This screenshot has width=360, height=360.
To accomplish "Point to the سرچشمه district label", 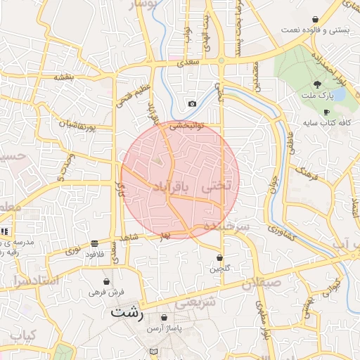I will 226,227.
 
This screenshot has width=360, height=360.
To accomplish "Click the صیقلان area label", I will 261,283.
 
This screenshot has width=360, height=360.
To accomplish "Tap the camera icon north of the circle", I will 192,104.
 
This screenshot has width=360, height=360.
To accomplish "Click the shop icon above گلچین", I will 220,258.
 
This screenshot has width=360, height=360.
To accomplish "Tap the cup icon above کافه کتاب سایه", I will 326,112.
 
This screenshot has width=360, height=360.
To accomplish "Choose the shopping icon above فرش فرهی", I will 105,281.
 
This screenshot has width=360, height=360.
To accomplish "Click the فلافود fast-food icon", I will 94,243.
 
